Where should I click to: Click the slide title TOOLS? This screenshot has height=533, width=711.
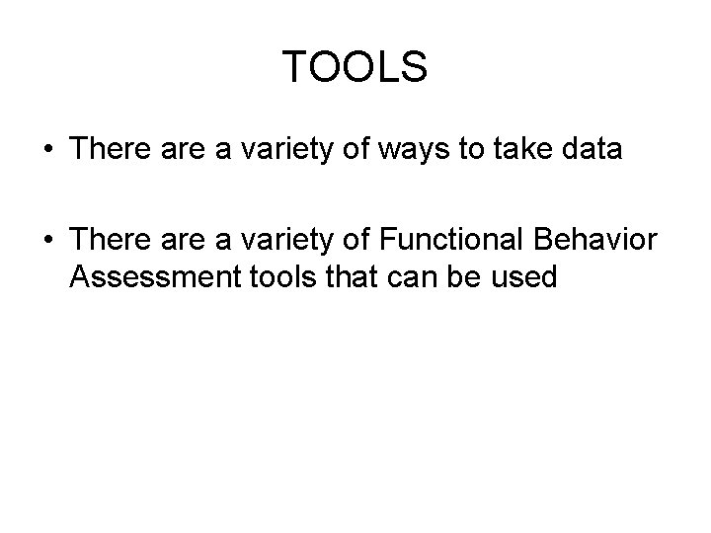[355, 68]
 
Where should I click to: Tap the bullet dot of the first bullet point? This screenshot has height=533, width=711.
[48, 150]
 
